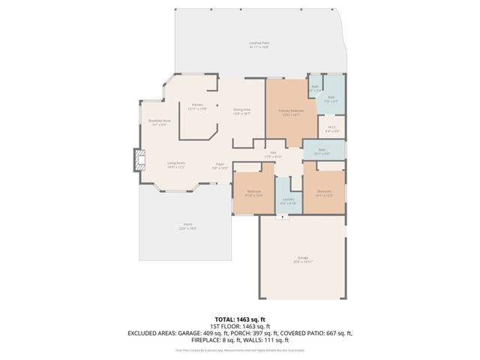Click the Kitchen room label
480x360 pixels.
(x=197, y=106)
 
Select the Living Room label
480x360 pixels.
(x=176, y=164)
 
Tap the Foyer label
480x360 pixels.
(x=220, y=166)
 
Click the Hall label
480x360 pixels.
(x=274, y=154)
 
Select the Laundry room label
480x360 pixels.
(x=288, y=200)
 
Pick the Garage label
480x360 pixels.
(x=302, y=259)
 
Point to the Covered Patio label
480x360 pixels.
(x=259, y=44)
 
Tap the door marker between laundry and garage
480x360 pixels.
(x=283, y=217)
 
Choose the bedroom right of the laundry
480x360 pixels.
(x=324, y=193)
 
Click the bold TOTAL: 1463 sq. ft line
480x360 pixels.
(x=240, y=319)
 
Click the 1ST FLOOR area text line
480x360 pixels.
(x=240, y=326)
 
